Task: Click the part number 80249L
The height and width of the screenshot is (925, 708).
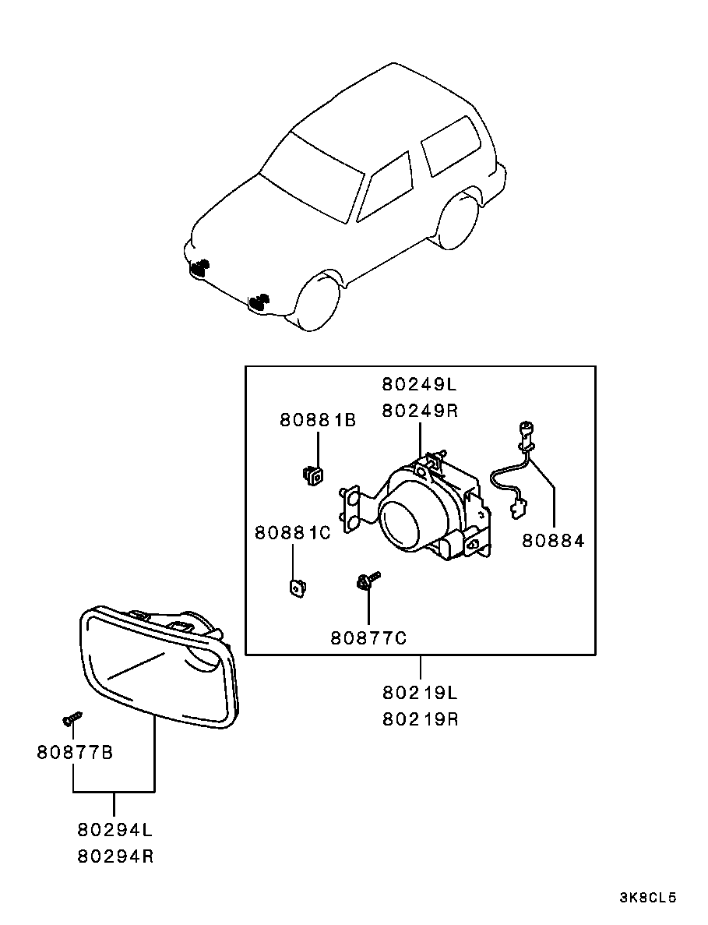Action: pyautogui.click(x=419, y=385)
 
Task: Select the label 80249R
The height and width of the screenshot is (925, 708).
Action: pyautogui.click(x=419, y=411)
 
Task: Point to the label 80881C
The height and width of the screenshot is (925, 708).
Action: pyautogui.click(x=292, y=533)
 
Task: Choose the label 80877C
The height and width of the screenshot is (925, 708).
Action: pyautogui.click(x=368, y=637)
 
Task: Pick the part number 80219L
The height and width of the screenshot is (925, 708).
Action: pyautogui.click(x=420, y=693)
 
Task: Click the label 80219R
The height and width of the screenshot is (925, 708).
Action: pyautogui.click(x=420, y=720)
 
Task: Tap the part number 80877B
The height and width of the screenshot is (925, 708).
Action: pyautogui.click(x=75, y=753)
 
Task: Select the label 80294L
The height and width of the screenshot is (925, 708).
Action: pyautogui.click(x=115, y=830)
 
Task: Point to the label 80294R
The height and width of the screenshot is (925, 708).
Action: pyautogui.click(x=115, y=856)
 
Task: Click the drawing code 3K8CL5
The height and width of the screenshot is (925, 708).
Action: pyautogui.click(x=647, y=898)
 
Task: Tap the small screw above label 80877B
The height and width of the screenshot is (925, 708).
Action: pyautogui.click(x=72, y=718)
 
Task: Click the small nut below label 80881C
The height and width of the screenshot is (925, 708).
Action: pyautogui.click(x=297, y=588)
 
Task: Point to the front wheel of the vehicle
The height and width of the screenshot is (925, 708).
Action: pyautogui.click(x=318, y=302)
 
